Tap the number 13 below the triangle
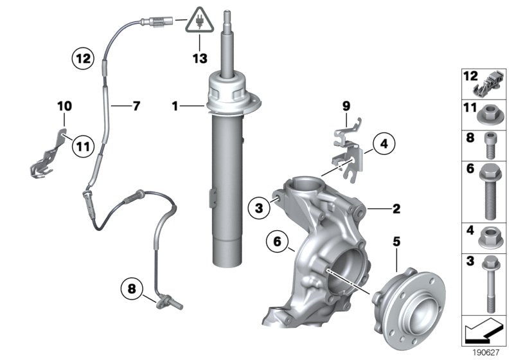coord(200,59)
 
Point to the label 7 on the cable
coord(136,105)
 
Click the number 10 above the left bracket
coord(64,105)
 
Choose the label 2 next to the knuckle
coord(396,208)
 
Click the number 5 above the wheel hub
coord(396,243)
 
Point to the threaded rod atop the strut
coord(227,39)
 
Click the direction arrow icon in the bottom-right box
coord(484,334)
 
